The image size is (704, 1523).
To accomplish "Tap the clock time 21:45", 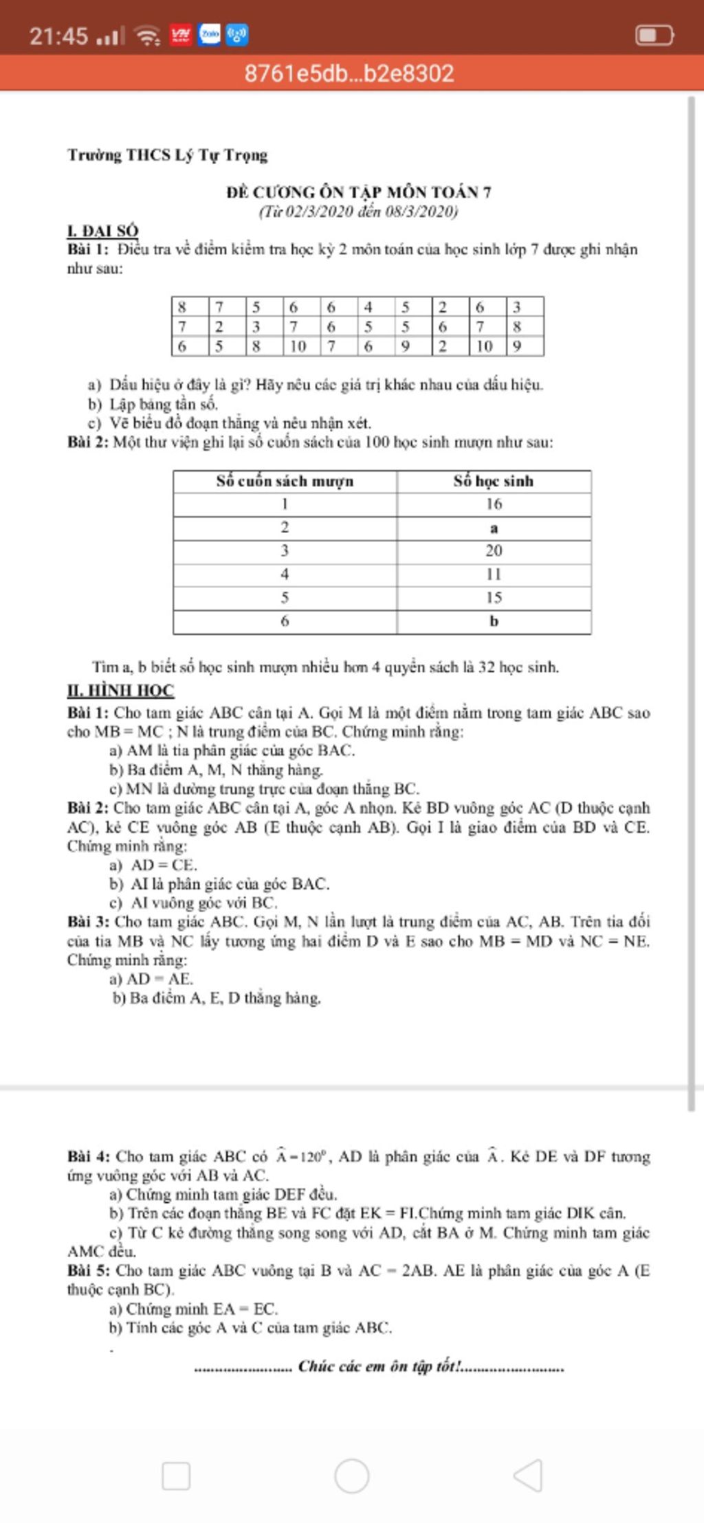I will [x=58, y=36].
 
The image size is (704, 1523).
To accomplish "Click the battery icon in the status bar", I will [x=654, y=35].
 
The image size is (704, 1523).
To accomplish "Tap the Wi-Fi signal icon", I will [x=147, y=35].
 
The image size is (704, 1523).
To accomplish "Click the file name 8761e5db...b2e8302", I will [x=349, y=74].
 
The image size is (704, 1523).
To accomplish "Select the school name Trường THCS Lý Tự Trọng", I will [x=167, y=155].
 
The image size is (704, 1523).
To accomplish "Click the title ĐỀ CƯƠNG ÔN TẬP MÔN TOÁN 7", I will [x=358, y=192].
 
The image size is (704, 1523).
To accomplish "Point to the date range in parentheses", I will [x=358, y=211].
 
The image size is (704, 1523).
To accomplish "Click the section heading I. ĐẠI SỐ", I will [x=102, y=231].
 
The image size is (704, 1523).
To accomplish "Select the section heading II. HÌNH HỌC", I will [x=120, y=690].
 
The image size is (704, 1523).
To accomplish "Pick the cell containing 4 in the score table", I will [x=369, y=307].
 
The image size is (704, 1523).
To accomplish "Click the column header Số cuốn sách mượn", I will [x=285, y=481].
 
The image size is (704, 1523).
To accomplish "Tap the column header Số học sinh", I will [x=493, y=481].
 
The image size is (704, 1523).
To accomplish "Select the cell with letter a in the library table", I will [x=493, y=528].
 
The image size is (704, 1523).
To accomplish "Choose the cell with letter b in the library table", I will [x=493, y=621].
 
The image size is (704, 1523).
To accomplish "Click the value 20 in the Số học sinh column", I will [x=493, y=550].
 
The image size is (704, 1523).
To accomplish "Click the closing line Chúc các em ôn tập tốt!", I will [x=379, y=1366].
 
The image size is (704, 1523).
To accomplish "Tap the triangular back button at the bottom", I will [x=528, y=1475].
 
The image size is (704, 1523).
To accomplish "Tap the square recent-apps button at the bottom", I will [x=176, y=1476].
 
